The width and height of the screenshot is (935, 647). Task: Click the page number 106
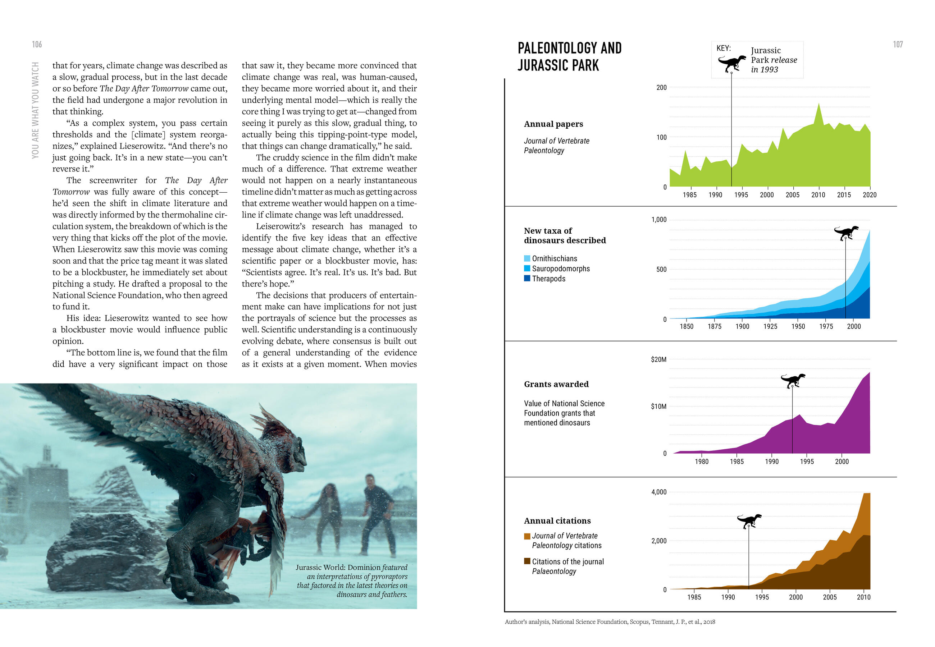coord(37,44)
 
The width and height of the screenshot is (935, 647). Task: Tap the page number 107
coord(898,44)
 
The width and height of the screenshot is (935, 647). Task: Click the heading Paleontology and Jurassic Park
coord(569,57)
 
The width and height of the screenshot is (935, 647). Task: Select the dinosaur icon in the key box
coord(731,63)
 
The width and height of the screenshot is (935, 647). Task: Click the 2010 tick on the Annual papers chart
coord(818,195)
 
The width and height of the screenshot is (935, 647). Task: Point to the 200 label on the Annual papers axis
coord(661,88)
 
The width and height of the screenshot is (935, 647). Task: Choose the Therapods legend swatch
coord(527,279)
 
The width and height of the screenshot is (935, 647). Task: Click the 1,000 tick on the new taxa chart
coord(658,220)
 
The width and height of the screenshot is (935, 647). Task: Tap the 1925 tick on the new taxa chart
coord(770,327)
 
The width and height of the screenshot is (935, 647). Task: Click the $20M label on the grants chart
coord(658,359)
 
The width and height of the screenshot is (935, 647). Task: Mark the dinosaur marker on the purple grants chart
coord(793,380)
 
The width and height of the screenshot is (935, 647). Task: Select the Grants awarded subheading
coord(556,384)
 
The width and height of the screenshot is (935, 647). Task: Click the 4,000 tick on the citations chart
coord(658,492)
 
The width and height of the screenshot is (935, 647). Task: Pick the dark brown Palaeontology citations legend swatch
coord(527,561)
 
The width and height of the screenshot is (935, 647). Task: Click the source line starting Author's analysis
coord(610,622)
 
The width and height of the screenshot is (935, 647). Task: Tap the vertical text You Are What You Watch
coord(36,110)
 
